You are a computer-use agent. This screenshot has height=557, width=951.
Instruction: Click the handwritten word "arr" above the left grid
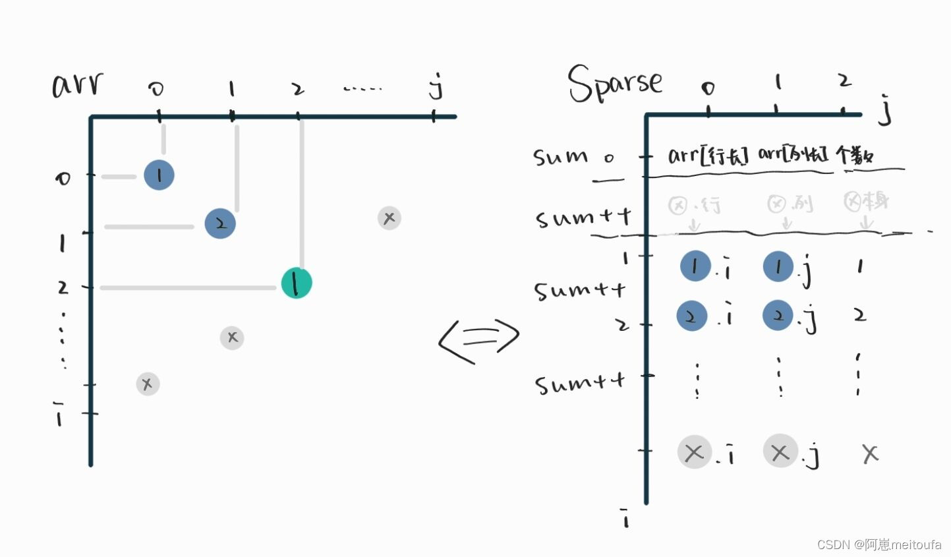tap(78, 85)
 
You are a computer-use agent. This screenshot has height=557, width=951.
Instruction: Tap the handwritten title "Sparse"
tap(614, 84)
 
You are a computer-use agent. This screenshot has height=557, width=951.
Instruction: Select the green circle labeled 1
tap(297, 283)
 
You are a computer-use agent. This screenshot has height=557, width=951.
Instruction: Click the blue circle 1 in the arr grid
tap(159, 175)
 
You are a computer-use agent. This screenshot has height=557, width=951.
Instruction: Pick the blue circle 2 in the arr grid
tap(220, 223)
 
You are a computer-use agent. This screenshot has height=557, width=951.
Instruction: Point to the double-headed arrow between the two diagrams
tap(479, 340)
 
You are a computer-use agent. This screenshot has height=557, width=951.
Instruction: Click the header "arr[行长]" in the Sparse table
tap(708, 156)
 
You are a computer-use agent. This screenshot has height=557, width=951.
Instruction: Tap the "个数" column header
tap(855, 156)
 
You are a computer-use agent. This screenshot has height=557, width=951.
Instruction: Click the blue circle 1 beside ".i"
tap(695, 266)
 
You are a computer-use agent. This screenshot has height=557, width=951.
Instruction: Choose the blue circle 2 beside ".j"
tap(778, 316)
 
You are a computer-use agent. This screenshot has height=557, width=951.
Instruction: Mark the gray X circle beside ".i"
tap(695, 453)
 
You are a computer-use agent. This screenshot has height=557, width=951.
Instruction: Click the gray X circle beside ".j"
tap(780, 452)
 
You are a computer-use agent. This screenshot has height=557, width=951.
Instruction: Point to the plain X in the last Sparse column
tap(870, 454)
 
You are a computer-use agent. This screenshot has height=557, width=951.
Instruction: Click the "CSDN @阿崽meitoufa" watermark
tap(879, 544)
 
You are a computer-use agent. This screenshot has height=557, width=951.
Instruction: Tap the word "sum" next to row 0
tap(560, 157)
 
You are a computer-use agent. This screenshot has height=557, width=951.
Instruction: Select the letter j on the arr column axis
tap(435, 86)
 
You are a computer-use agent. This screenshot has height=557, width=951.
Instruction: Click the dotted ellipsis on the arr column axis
tap(362, 88)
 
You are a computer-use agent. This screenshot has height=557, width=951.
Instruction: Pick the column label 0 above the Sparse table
tap(708, 88)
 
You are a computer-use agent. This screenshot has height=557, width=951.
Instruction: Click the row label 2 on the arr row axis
tap(63, 287)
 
